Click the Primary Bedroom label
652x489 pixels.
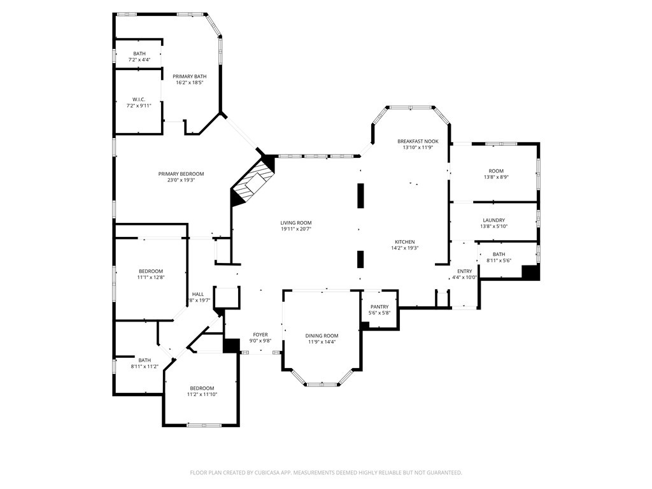181,174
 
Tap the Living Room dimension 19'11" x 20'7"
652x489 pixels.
296,229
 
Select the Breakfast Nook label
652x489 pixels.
418,141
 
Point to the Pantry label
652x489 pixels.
379,306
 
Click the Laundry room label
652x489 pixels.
493,220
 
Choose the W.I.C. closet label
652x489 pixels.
139,99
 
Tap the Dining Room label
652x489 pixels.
322,336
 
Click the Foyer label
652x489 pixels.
260,334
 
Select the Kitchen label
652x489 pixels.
404,242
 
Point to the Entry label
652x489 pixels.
464,271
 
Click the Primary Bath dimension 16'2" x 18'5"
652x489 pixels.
189,83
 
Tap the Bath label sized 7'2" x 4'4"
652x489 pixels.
139,53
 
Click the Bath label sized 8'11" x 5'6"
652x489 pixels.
499,254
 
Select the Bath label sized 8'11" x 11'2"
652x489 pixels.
145,360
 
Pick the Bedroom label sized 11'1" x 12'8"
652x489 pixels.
150,271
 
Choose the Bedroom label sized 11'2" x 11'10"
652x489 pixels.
201,388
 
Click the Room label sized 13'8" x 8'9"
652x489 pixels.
495,171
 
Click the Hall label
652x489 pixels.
198,294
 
